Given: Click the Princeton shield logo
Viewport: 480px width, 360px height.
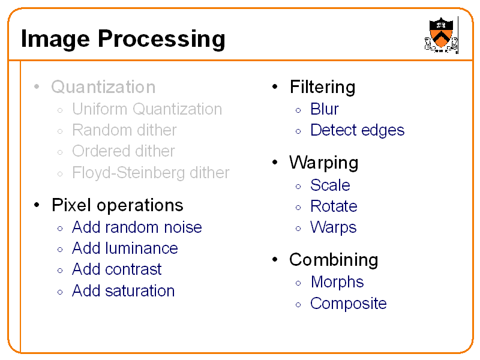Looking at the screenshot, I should [x=441, y=34].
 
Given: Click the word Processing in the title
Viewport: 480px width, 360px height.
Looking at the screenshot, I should [x=161, y=39].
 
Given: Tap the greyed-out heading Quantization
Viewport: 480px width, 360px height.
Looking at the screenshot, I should [x=103, y=87].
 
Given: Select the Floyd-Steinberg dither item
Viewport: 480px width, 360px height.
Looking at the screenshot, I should [x=151, y=173].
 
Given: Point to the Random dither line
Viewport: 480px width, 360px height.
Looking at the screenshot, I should [x=124, y=130].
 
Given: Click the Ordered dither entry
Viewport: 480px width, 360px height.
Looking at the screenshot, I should [x=123, y=151].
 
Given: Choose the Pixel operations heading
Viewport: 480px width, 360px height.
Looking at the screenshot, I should [x=117, y=205].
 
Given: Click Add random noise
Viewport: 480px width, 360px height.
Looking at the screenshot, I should [x=137, y=227].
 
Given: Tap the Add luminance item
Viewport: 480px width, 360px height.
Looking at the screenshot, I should [x=125, y=248].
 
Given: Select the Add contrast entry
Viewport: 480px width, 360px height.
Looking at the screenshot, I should [x=117, y=269].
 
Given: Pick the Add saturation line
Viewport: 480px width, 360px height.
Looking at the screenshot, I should [x=123, y=291].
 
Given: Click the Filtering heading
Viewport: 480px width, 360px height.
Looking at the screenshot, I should [x=322, y=87].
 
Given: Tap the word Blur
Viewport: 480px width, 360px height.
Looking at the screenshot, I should [x=324, y=109].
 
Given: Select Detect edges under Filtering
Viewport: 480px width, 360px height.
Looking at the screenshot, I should [x=357, y=130].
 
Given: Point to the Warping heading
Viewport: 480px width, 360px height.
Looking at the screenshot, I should [x=323, y=163].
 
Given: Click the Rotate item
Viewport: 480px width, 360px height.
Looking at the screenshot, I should [x=334, y=206].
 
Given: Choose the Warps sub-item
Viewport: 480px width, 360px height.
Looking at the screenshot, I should [x=333, y=227].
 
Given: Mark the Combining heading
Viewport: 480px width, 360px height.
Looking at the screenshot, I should [x=334, y=260].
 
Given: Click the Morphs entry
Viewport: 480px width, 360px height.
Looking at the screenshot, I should [x=337, y=282].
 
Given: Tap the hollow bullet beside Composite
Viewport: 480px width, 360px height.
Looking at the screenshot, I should [x=298, y=304].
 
